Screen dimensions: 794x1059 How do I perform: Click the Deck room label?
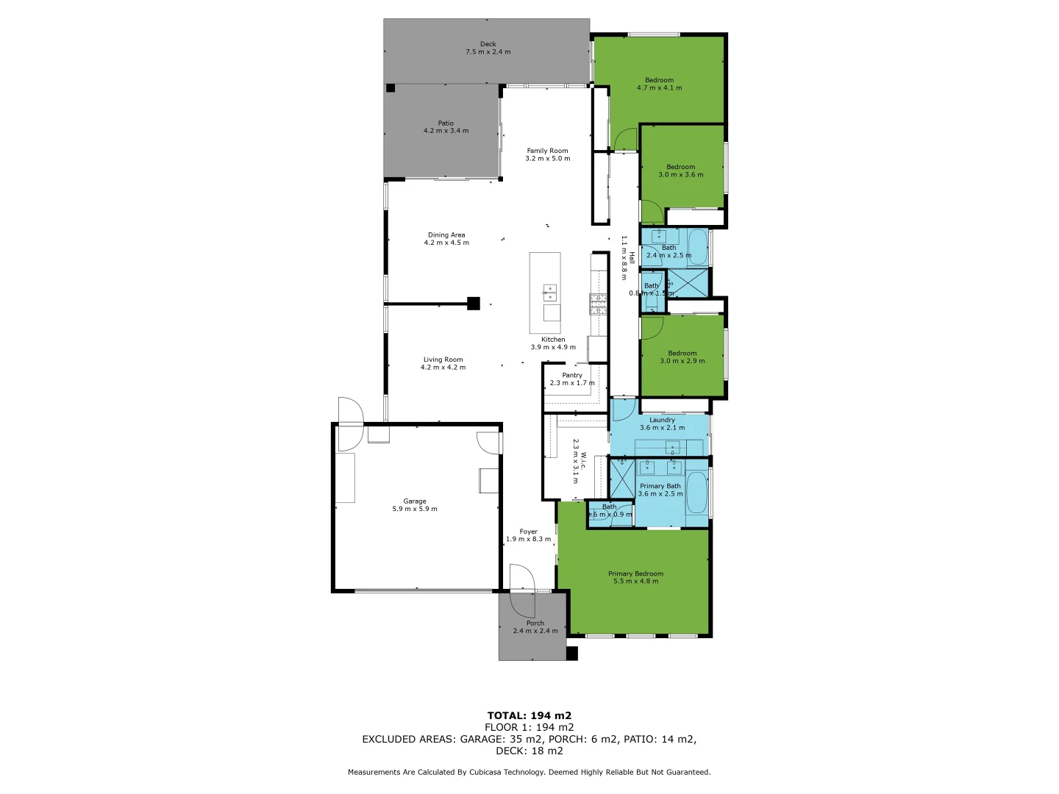[x=488, y=44]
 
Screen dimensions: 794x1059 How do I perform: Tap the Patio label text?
[x=446, y=124]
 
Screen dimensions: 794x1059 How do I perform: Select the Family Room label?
[x=547, y=151]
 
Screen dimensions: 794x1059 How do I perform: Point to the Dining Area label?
[x=446, y=235]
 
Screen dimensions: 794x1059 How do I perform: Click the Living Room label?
[x=443, y=360]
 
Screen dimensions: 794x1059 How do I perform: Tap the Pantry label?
[x=572, y=375]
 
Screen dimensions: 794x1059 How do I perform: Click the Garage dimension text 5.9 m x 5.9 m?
[x=415, y=509]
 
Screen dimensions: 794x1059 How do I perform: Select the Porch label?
[x=535, y=623]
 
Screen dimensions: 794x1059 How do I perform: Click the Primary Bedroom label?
[x=635, y=573]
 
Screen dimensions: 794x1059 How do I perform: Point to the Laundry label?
[x=662, y=420]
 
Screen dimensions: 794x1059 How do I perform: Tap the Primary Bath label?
[x=660, y=486]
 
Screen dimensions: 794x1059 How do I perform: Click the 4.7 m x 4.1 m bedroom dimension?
[x=659, y=88]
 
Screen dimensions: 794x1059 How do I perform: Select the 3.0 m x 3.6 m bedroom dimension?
[x=680, y=175]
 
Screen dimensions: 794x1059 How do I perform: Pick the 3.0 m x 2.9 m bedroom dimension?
[x=682, y=361]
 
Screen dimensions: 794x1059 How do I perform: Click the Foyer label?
[x=528, y=532]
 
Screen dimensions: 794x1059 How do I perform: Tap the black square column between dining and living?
[x=474, y=303]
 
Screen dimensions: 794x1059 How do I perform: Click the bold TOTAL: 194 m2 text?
[x=529, y=715]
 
